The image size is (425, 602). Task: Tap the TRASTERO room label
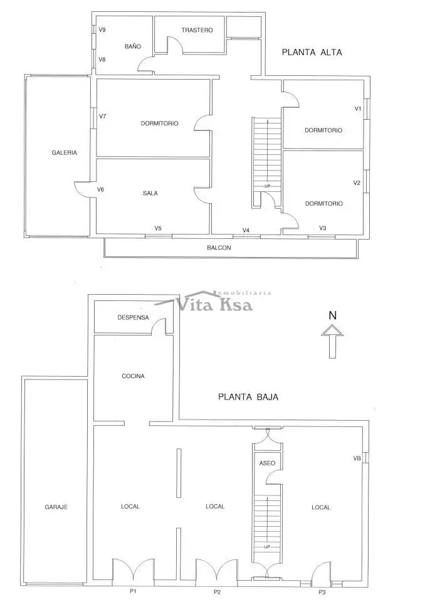point(197,30)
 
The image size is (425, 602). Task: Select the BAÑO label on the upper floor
point(133,46)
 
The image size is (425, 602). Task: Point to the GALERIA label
point(64,152)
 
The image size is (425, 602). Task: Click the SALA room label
point(150,193)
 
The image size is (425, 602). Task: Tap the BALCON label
point(219,248)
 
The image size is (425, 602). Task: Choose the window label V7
point(103,116)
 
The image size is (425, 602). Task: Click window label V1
point(358,108)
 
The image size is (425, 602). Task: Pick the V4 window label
point(246,230)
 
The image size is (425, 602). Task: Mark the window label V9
point(102,29)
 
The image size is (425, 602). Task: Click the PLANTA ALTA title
point(312,53)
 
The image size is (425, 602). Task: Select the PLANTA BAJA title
point(248,397)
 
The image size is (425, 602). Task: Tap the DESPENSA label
point(133,317)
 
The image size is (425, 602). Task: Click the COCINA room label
point(133,376)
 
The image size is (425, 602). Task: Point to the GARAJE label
point(56,507)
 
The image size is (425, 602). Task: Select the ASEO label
point(267,463)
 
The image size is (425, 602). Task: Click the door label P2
point(218,591)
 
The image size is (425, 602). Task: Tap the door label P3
point(322,591)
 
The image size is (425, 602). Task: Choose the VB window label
point(357,458)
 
